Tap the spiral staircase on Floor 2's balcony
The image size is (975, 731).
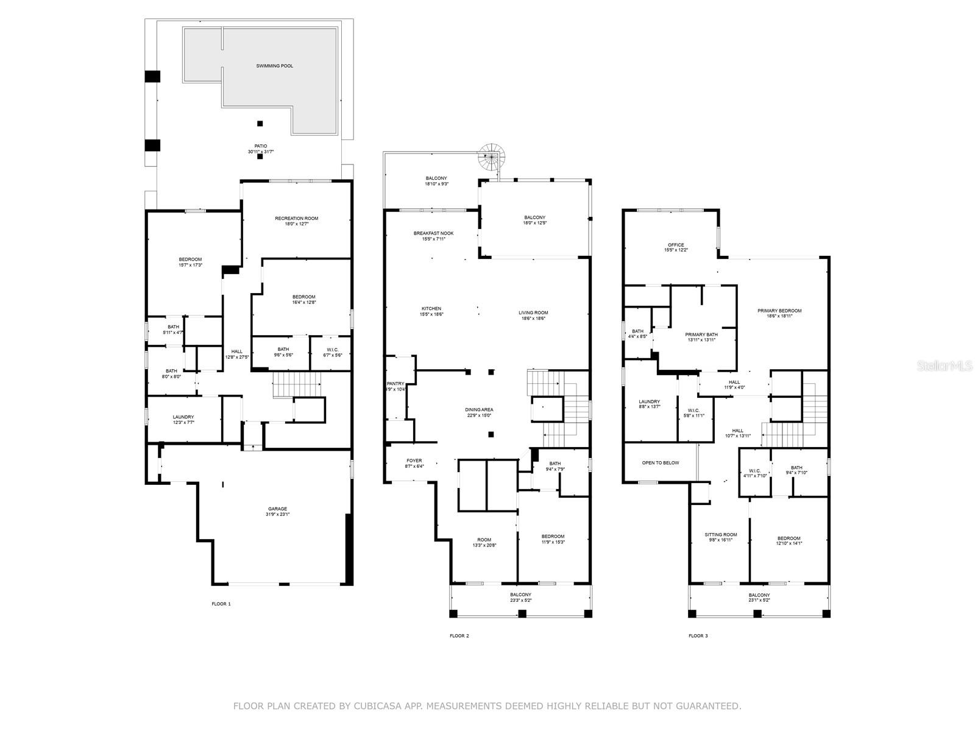coord(492,157)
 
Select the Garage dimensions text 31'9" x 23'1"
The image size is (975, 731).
coord(277,514)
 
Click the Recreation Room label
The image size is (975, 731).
coord(296,219)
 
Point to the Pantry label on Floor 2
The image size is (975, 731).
coord(395,384)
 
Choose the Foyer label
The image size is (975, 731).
coord(414,461)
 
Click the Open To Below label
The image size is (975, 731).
coord(660,463)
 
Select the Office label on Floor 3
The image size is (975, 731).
coord(675,245)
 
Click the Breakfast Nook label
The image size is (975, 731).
coord(433,233)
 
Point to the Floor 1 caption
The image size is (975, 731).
coord(221,604)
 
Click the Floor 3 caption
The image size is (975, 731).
coord(698,636)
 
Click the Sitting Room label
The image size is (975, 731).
coord(720,535)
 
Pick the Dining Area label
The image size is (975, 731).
coord(479,410)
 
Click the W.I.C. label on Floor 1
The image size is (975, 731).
coord(332,350)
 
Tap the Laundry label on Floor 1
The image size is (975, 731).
coord(183,417)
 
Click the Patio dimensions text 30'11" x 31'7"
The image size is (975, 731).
coord(261,152)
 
